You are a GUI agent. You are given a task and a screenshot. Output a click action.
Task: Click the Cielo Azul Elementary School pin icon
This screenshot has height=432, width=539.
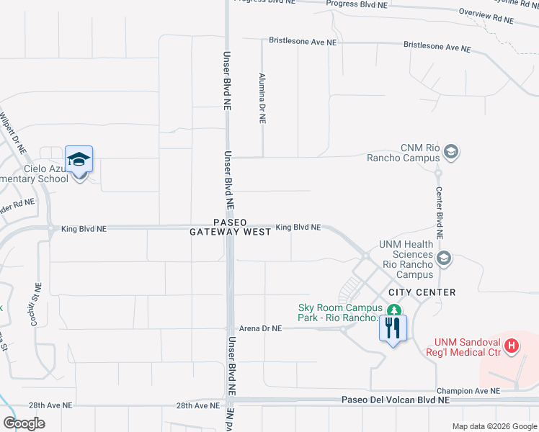tap(79, 161)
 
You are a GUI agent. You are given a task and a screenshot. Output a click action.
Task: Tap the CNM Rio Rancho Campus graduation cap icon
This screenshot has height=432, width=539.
tap(451, 151)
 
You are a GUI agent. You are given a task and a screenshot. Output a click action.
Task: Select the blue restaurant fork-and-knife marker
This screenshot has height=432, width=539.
tap(393, 329)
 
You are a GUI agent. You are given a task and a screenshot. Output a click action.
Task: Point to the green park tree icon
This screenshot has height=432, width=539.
tap(393, 310)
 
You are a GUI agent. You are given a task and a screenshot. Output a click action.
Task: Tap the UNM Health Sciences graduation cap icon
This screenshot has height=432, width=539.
tap(444, 258)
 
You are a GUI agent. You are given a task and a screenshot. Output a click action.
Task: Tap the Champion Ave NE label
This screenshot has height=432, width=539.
tap(472, 391)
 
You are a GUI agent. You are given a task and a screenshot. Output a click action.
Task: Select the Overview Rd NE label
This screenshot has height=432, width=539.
tap(486, 15)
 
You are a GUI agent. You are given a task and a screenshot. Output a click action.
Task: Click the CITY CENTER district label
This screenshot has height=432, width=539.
tap(422, 292)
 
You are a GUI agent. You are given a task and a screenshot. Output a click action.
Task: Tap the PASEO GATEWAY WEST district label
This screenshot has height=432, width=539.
tap(231, 227)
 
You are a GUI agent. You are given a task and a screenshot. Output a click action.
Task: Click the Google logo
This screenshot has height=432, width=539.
tap(24, 423)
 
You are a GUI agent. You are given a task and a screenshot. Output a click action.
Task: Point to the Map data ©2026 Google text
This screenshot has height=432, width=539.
tap(494, 426)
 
